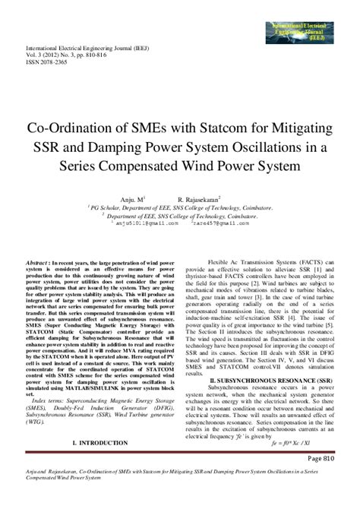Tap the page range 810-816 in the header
click(109, 55)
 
